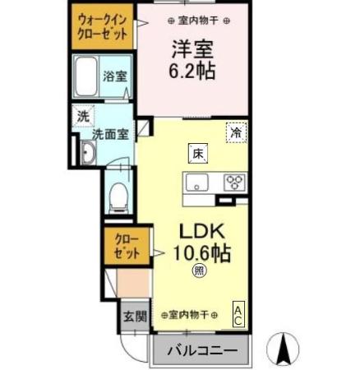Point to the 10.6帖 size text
[201, 252]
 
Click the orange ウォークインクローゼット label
[103, 27]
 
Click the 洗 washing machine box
[82, 116]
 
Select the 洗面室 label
[108, 134]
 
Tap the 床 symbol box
[198, 152]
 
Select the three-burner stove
[234, 182]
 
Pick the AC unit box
[238, 315]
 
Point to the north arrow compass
[284, 349]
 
